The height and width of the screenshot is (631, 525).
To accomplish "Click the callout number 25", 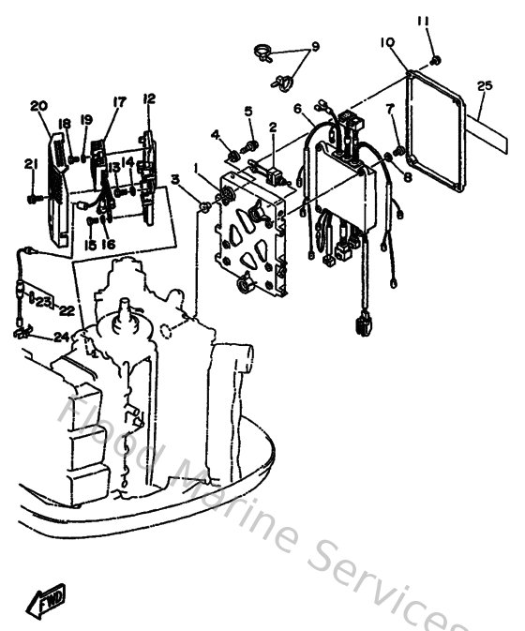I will pyautogui.click(x=484, y=86).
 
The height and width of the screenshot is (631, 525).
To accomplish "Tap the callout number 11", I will pyautogui.click(x=423, y=21).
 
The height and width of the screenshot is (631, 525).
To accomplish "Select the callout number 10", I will pyautogui.click(x=388, y=42).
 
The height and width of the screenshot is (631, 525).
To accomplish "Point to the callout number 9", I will pyautogui.click(x=315, y=47).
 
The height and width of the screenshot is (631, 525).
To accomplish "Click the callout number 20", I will pyautogui.click(x=38, y=105).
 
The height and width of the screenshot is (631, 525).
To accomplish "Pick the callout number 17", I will pyautogui.click(x=119, y=102).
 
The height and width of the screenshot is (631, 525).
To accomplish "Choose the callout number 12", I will pyautogui.click(x=149, y=99).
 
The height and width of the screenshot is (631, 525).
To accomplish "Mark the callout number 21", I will pyautogui.click(x=30, y=165).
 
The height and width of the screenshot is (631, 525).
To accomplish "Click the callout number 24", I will pyautogui.click(x=61, y=338).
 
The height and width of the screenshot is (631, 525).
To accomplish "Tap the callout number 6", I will pyautogui.click(x=297, y=109).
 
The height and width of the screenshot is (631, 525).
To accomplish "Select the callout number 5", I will pyautogui.click(x=248, y=112).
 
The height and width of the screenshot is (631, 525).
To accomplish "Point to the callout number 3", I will pyautogui.click(x=175, y=179).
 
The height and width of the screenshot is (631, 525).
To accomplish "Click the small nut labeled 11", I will pyautogui.click(x=437, y=61).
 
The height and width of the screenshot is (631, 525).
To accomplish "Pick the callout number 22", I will pyautogui.click(x=67, y=309).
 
